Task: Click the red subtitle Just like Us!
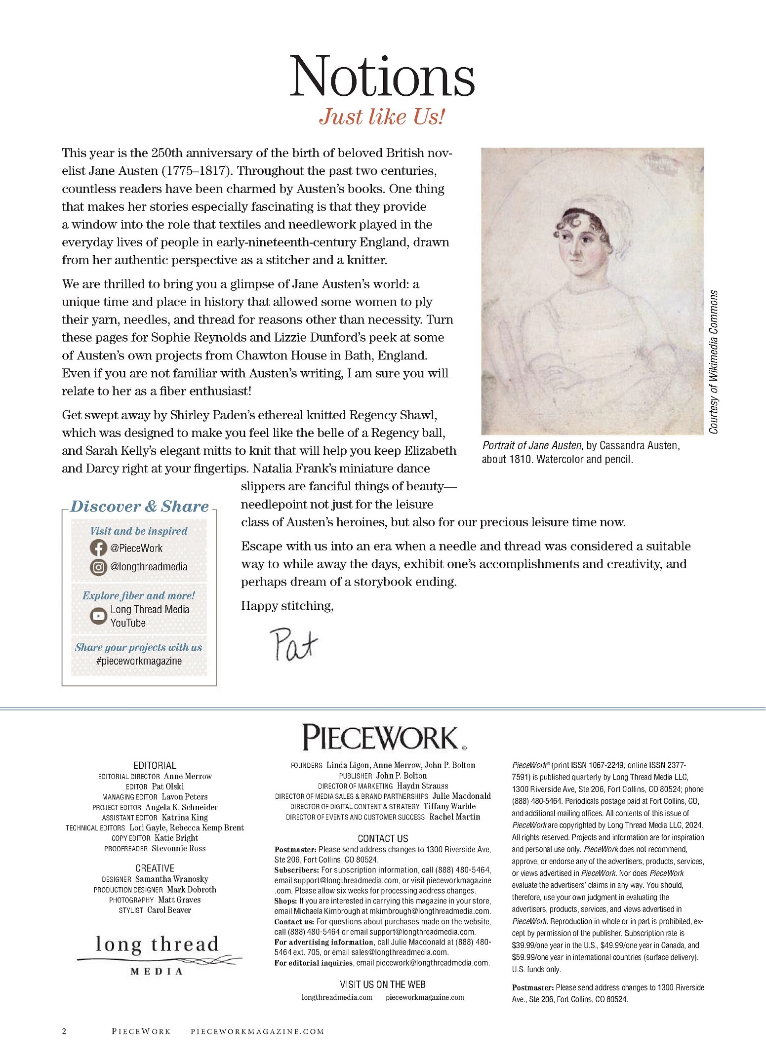pyautogui.click(x=382, y=117)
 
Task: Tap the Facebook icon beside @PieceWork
pyautogui.click(x=98, y=548)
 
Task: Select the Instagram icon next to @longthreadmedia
pyautogui.click(x=98, y=567)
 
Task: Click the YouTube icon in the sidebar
pyautogui.click(x=98, y=616)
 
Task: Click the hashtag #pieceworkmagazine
pyautogui.click(x=139, y=661)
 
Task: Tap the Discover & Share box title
pyautogui.click(x=139, y=507)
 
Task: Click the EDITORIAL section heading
pyautogui.click(x=155, y=765)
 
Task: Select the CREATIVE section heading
pyautogui.click(x=155, y=868)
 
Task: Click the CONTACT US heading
pyautogui.click(x=383, y=838)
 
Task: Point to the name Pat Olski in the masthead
pyautogui.click(x=168, y=787)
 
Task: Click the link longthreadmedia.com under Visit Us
pyautogui.click(x=337, y=997)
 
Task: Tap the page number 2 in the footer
pyautogui.click(x=64, y=1031)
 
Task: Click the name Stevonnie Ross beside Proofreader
pyautogui.click(x=178, y=848)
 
